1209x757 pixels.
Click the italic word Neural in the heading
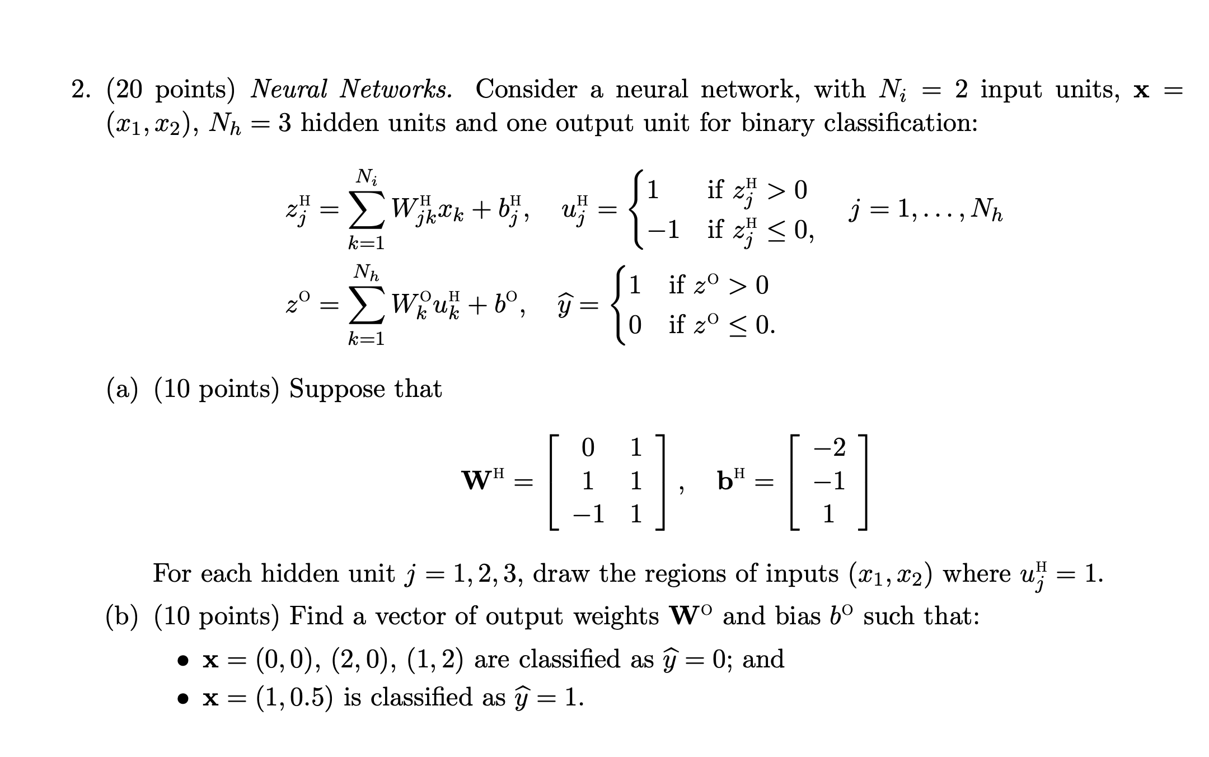coord(288,89)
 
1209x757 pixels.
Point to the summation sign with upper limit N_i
coord(366,212)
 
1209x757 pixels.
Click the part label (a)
coord(122,390)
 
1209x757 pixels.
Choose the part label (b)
coord(122,617)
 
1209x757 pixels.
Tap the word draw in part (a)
coord(560,573)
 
